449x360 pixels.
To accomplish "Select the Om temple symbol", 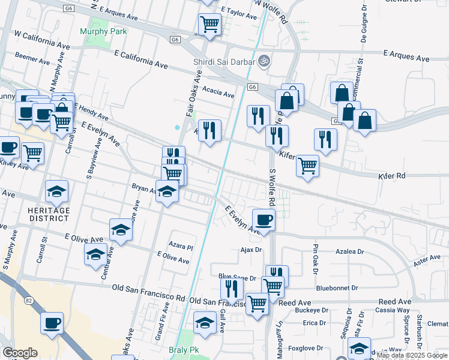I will coord(263,61).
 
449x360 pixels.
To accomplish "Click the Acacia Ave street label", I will coord(218,93).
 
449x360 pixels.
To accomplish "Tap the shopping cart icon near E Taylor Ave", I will coord(209,25).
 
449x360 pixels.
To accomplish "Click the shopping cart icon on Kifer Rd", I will coord(308,165).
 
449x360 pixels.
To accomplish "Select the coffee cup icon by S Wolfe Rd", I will coord(264,220).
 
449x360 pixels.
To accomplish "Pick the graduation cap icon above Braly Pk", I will coord(205,322).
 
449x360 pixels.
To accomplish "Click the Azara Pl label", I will coord(181,247).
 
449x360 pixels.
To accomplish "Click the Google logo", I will coord(20,353).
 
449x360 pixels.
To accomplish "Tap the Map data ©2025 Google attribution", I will coord(412,355).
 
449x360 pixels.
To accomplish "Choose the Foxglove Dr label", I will coord(306,347).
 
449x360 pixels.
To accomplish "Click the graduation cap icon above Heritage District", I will coord(57,191).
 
